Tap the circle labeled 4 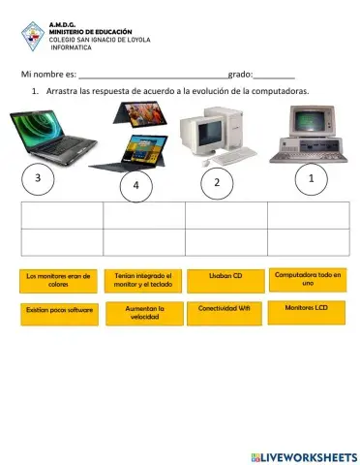click(x=136, y=185)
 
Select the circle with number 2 click(x=217, y=183)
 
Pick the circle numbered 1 click(x=310, y=178)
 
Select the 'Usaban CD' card click(x=224, y=277)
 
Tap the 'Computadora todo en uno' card click(x=308, y=279)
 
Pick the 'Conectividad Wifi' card click(x=224, y=309)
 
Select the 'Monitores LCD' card click(x=308, y=308)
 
